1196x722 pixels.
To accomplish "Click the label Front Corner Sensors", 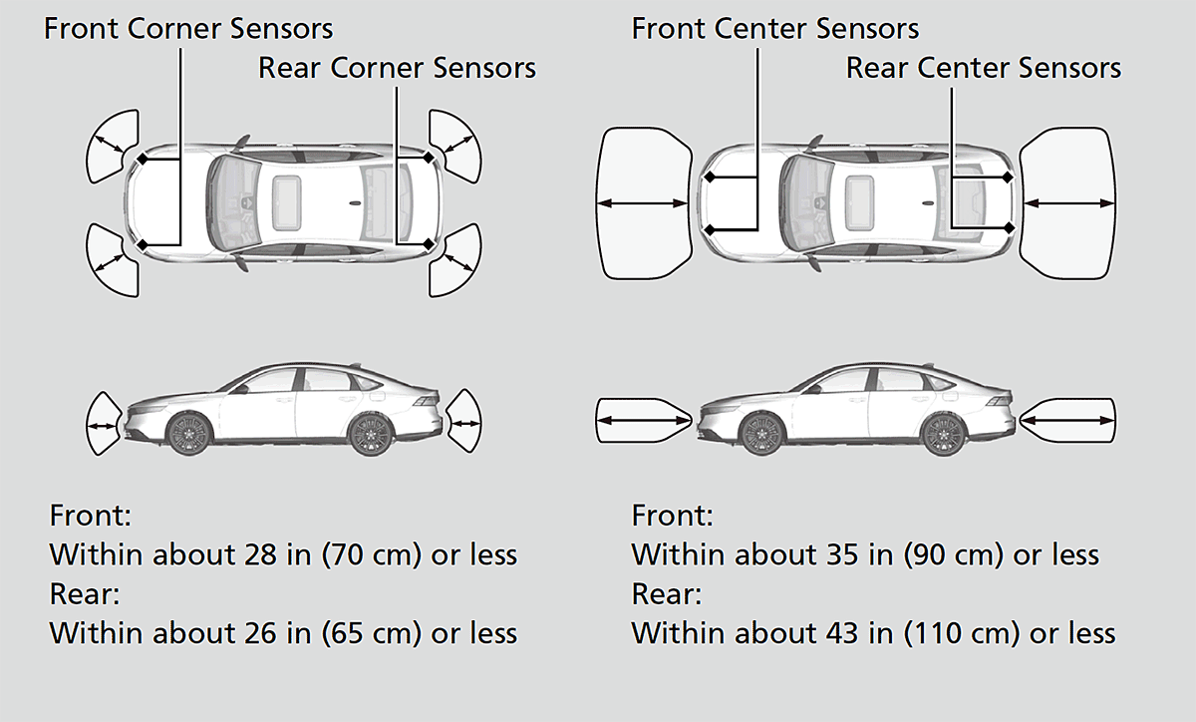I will [x=188, y=29].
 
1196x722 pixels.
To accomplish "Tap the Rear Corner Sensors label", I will [x=397, y=68].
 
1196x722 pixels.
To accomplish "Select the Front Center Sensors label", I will [x=775, y=29].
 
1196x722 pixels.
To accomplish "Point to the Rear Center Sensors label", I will [x=984, y=68].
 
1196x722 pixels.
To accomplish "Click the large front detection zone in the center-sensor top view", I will [x=643, y=203].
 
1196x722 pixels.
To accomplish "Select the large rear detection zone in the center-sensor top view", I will [x=1068, y=203].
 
